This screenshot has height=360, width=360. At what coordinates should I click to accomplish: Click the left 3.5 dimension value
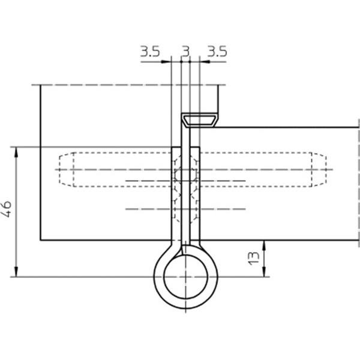(x=150, y=52)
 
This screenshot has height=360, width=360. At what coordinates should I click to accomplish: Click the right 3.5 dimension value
(x=217, y=52)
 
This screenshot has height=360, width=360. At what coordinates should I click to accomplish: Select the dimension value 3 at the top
(x=186, y=52)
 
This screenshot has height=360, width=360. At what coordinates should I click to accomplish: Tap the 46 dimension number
(x=7, y=209)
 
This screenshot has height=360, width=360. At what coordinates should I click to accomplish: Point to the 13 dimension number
(x=254, y=258)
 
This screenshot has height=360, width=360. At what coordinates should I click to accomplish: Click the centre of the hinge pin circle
(x=185, y=277)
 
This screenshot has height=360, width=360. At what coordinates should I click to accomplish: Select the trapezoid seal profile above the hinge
(x=199, y=120)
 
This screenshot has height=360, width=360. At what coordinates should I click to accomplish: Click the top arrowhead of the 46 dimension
(x=16, y=152)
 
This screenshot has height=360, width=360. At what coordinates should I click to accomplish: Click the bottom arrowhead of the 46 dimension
(x=16, y=272)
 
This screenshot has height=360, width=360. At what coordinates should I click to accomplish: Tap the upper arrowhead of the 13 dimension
(x=264, y=245)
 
